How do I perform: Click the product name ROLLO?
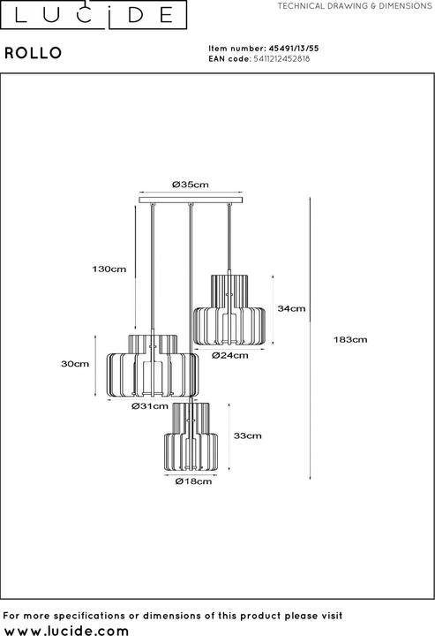[x=34, y=53]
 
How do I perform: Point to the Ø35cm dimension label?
[x=190, y=185]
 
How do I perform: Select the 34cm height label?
[x=291, y=308]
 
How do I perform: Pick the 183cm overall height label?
[x=352, y=339]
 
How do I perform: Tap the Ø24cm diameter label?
[x=229, y=356]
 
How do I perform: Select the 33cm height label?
[x=247, y=435]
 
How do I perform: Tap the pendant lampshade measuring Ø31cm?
[x=152, y=367]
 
